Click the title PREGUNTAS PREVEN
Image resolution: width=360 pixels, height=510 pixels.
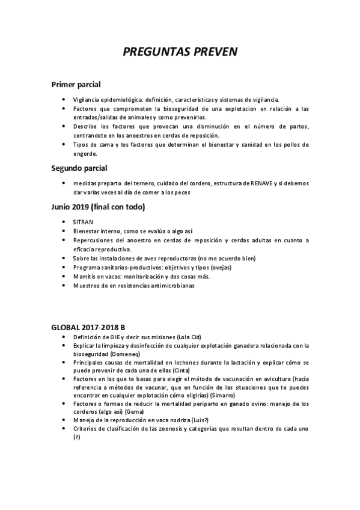pyautogui.click(x=180, y=52)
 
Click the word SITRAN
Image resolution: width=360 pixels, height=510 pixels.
pyautogui.click(x=83, y=222)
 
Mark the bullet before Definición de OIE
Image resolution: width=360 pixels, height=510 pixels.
pyautogui.click(x=64, y=338)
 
